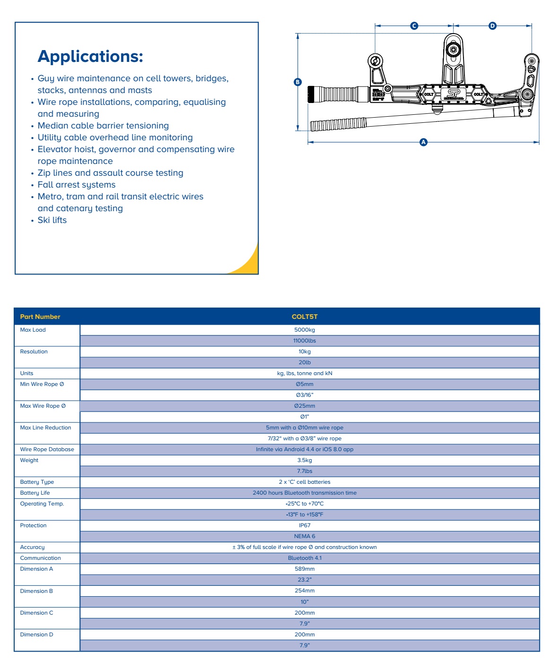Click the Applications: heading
point(90,56)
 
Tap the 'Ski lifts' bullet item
point(52,220)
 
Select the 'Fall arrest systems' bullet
point(77,185)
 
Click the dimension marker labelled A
point(423,142)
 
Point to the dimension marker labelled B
point(298,82)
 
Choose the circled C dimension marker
point(414,26)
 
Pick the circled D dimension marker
point(492,26)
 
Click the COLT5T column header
point(305,317)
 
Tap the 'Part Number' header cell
point(40,317)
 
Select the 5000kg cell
point(305,330)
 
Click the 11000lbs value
point(305,341)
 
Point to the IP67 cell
point(305,525)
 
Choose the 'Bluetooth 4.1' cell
point(305,558)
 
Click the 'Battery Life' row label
point(35,493)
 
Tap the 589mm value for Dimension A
point(305,569)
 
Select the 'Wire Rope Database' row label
point(47,449)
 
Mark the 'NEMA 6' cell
point(305,536)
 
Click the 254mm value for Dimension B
point(305,591)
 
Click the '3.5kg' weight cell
point(305,460)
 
